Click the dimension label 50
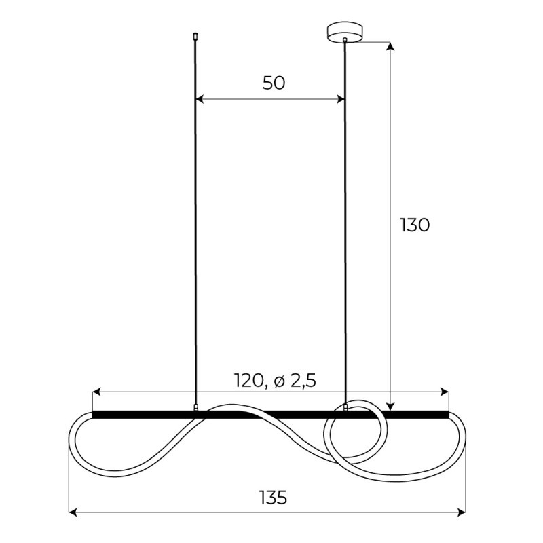point(274,83)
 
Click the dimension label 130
point(414,225)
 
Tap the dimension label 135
point(273,498)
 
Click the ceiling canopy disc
point(345,32)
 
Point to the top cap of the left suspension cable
point(195,35)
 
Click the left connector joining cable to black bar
point(195,408)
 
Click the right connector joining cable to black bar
point(345,407)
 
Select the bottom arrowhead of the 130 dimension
point(390,406)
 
